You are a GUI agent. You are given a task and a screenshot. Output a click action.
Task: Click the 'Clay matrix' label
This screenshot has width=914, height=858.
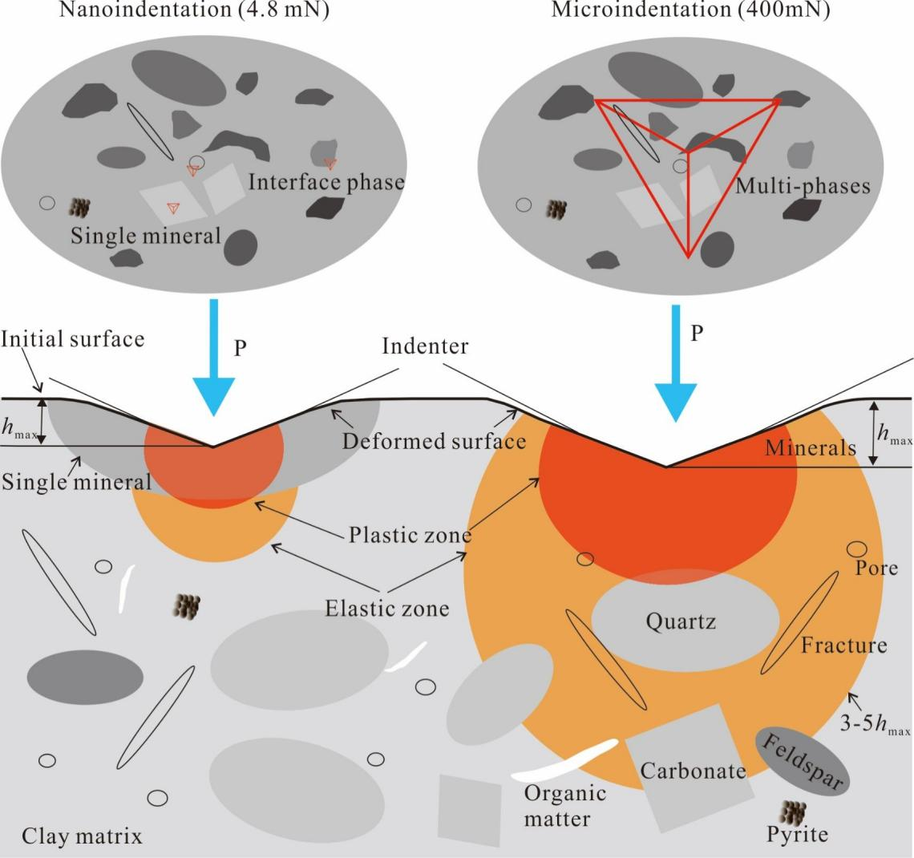click(83, 836)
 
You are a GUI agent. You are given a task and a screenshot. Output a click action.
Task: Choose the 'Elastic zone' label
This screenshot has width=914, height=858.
click(386, 608)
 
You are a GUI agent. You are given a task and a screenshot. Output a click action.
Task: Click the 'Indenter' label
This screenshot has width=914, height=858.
click(425, 348)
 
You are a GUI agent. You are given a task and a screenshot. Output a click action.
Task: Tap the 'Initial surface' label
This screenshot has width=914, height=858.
click(73, 338)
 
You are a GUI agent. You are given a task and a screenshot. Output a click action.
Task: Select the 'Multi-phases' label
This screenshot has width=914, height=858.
click(802, 186)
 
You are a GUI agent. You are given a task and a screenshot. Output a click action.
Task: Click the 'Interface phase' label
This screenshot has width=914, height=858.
click(326, 181)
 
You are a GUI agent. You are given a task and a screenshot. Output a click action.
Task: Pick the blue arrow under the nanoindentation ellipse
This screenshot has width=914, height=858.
click(212, 357)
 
